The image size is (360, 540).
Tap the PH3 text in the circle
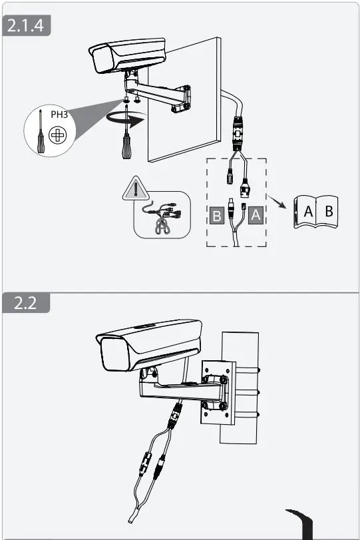59,114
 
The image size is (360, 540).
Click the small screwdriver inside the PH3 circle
40,134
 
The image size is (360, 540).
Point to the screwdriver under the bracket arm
124,140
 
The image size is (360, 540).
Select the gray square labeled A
257,216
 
